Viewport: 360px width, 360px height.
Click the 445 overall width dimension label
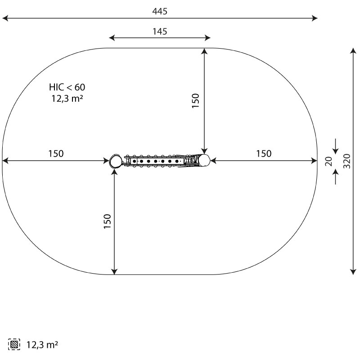[x=160, y=11]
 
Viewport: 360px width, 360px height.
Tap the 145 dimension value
[x=160, y=31]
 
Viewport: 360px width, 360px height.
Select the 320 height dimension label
[x=347, y=161]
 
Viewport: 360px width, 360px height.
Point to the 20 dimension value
[x=329, y=161]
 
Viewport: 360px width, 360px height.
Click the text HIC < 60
[x=67, y=87]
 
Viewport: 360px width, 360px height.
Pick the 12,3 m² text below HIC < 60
[x=67, y=99]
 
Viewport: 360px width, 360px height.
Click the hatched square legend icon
[x=14, y=344]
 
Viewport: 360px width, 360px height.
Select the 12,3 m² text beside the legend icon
[x=42, y=345]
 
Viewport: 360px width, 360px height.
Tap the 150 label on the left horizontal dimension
[x=56, y=153]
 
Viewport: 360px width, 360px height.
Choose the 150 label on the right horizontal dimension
[x=264, y=153]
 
